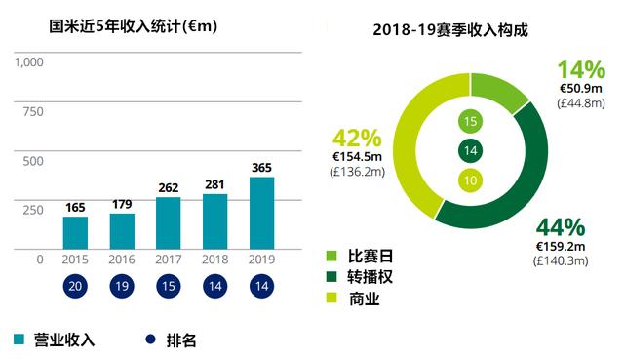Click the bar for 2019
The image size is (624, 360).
pos(261,213)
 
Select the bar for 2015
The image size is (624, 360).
pos(75,232)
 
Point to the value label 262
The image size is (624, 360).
pos(169,188)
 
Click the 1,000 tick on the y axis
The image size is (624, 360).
pos(29,62)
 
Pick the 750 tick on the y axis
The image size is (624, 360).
pos(33,111)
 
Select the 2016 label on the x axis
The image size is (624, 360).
pos(122,260)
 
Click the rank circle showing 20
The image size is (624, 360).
pos(75,286)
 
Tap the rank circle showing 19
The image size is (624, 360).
pos(122,286)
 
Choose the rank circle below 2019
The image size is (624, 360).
pos(261,286)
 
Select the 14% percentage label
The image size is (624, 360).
pos(581,69)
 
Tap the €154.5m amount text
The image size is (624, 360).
pos(360,156)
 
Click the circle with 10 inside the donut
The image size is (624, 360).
pos(470,180)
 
